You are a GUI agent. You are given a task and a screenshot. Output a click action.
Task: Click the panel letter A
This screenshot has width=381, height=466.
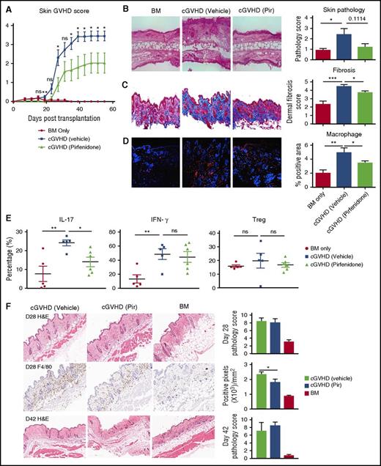pos(5,6)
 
